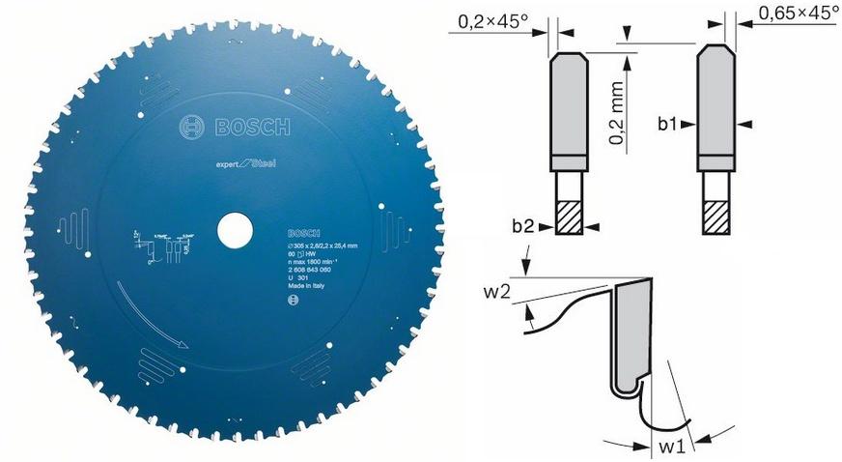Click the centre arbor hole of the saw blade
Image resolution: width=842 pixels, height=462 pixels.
point(232,233)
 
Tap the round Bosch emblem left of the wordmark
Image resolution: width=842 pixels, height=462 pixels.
point(190,127)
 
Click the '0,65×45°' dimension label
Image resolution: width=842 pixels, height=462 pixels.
point(798,14)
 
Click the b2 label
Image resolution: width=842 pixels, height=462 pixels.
point(525,226)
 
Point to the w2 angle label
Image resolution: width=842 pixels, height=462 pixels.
point(498,291)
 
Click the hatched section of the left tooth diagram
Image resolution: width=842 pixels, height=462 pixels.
point(566,215)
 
